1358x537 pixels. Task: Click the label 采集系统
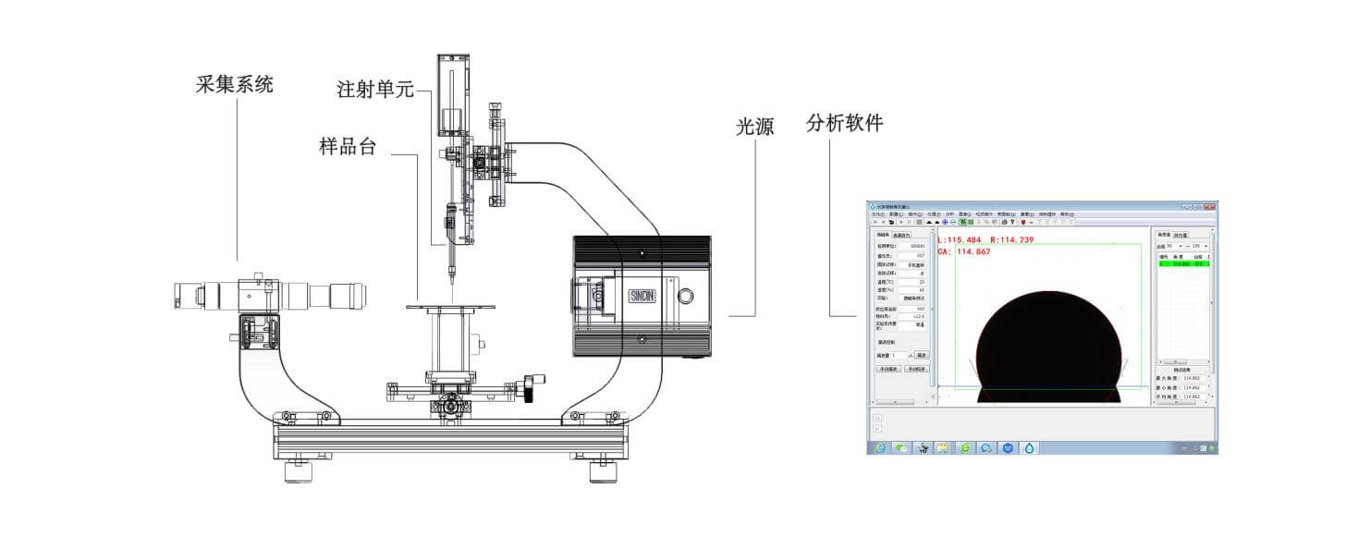[x=235, y=85]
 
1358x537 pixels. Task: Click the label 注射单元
[x=375, y=90]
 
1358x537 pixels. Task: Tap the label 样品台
[x=348, y=146]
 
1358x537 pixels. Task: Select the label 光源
[x=754, y=128]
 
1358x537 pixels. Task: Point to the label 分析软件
[x=845, y=123]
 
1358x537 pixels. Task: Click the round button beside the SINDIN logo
[x=685, y=297]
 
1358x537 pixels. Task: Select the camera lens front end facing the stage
[x=361, y=296]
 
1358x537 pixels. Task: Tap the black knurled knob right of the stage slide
[x=530, y=389]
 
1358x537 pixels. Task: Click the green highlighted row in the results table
[x=1182, y=263]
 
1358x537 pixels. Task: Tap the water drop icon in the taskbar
[x=1031, y=447]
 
